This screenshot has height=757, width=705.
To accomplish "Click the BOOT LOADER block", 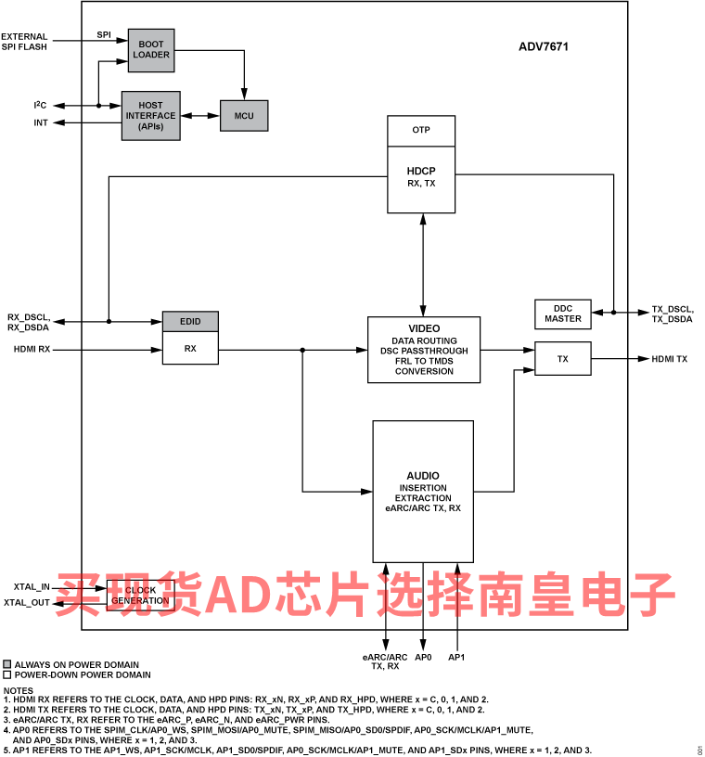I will tap(150, 50).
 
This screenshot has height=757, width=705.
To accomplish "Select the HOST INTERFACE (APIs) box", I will tap(150, 116).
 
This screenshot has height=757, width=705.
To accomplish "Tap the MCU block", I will tap(244, 115).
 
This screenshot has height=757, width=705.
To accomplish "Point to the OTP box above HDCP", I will tap(421, 131).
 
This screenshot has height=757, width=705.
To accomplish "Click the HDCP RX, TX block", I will tap(421, 176).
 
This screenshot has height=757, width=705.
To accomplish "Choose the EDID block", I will tap(189, 321).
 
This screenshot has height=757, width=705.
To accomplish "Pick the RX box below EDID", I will tap(189, 349).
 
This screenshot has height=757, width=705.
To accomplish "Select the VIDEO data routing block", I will tap(424, 350).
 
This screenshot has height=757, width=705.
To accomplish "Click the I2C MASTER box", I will tap(562, 314).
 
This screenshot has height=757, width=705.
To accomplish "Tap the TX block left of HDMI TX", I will tap(562, 358).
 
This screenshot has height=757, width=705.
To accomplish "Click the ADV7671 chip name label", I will tap(544, 46).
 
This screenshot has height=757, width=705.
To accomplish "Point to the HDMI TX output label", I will tap(670, 359).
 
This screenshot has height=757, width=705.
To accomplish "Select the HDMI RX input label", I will tap(32, 350).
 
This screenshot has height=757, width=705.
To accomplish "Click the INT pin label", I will tap(41, 122).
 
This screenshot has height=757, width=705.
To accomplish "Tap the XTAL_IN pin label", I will tap(31, 587).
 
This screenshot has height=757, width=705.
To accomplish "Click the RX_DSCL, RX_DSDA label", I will tap(28, 322).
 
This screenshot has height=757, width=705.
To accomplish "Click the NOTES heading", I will tap(19, 690).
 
